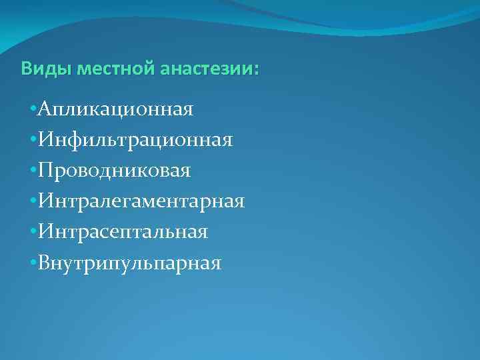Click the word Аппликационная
116,109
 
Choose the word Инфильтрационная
135,140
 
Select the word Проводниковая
115,171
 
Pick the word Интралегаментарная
142,201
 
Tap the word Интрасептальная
123,232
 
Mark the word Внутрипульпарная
130,263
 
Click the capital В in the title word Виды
26,69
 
